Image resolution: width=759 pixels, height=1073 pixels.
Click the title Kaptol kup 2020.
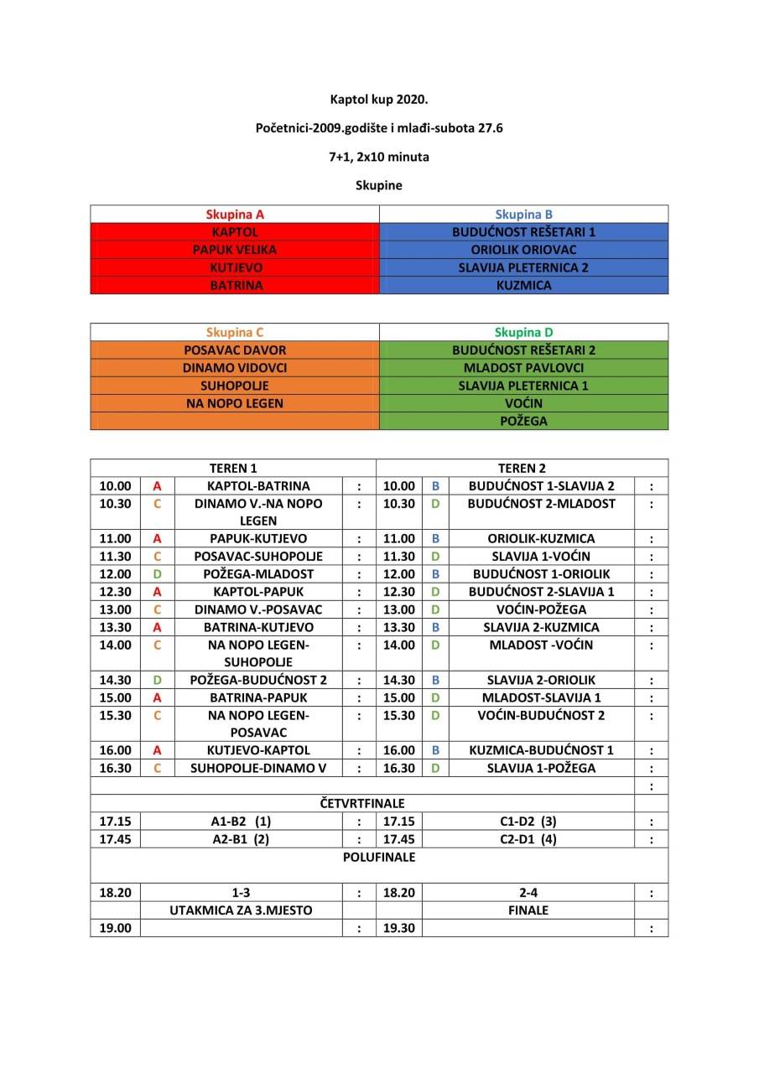click(379, 99)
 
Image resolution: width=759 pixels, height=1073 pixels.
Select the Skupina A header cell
click(235, 214)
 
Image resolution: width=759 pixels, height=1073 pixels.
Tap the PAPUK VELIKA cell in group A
click(235, 249)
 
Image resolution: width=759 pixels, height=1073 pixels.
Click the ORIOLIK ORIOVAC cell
click(523, 249)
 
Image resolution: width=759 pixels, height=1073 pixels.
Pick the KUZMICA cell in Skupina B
click(523, 285)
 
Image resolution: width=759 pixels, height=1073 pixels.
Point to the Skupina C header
click(235, 332)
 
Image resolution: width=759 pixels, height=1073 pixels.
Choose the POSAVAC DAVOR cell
click(235, 350)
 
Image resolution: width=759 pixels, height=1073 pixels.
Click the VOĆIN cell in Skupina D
click(523, 403)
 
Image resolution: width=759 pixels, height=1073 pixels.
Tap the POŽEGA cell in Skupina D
click(523, 421)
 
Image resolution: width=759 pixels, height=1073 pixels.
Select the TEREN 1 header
click(233, 468)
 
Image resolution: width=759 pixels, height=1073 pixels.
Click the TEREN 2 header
click(522, 468)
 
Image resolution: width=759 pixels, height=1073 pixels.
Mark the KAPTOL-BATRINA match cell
click(258, 485)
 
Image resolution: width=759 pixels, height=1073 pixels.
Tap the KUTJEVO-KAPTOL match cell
click(258, 750)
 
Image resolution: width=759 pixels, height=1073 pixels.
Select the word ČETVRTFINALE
click(362, 803)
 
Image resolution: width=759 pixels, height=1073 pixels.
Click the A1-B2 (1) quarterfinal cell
click(242, 822)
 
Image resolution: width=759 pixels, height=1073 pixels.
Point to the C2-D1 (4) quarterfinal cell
click(528, 839)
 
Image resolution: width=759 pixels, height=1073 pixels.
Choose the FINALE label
click(528, 910)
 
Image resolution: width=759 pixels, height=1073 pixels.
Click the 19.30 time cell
click(398, 928)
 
